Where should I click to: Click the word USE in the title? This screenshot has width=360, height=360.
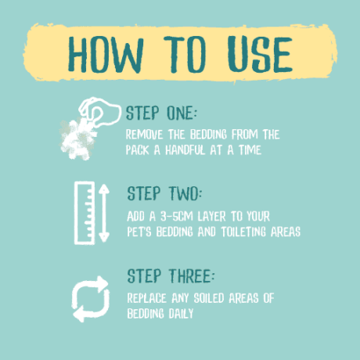(260, 54)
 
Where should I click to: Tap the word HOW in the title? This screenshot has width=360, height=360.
(106, 55)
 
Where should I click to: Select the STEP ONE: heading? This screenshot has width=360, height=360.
(161, 113)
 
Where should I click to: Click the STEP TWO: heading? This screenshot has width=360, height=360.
(164, 193)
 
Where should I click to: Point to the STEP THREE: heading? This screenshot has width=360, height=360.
(171, 276)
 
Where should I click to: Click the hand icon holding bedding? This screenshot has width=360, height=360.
(100, 112)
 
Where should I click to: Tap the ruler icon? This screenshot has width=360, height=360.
(85, 213)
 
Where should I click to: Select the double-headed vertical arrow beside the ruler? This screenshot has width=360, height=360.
(104, 213)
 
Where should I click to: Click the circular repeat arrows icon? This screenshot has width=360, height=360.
(91, 299)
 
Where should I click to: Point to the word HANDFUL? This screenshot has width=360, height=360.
(185, 150)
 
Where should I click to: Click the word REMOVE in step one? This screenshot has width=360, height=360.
(144, 135)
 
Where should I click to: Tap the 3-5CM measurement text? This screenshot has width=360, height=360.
(177, 216)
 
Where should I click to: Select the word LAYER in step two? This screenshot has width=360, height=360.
(211, 216)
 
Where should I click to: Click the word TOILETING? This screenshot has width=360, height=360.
(243, 232)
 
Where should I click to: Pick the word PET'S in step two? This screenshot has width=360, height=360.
(139, 232)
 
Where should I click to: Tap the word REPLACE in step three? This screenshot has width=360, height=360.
(146, 298)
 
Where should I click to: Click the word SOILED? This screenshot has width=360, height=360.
(209, 298)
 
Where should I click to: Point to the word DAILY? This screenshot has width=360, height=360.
(181, 314)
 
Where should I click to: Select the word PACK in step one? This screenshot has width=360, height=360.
(138, 150)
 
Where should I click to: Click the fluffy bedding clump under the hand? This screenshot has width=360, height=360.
(77, 139)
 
